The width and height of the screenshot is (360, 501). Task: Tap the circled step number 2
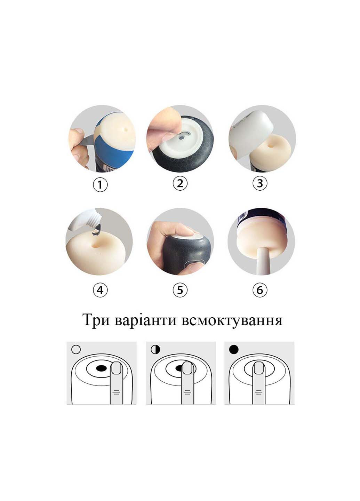pyautogui.click(x=180, y=183)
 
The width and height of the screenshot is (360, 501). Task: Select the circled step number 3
pyautogui.click(x=260, y=183)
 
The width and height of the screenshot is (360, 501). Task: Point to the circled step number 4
pyautogui.click(x=100, y=289)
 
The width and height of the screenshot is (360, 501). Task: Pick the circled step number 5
pyautogui.click(x=180, y=289)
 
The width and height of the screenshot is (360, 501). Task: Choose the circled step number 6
pyautogui.click(x=260, y=289)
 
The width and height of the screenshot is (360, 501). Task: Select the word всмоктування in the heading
pyautogui.click(x=232, y=320)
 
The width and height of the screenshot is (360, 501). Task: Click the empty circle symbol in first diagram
pyautogui.click(x=75, y=349)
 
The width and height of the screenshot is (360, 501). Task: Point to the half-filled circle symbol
pyautogui.click(x=155, y=349)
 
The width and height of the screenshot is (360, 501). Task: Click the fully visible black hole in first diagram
pyautogui.click(x=101, y=368)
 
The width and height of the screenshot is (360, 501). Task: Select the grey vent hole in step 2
pyautogui.click(x=181, y=138)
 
